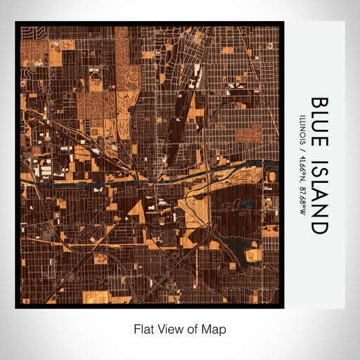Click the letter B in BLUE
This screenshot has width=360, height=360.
tap(320, 103)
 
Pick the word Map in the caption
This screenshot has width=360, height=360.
tap(214, 328)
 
